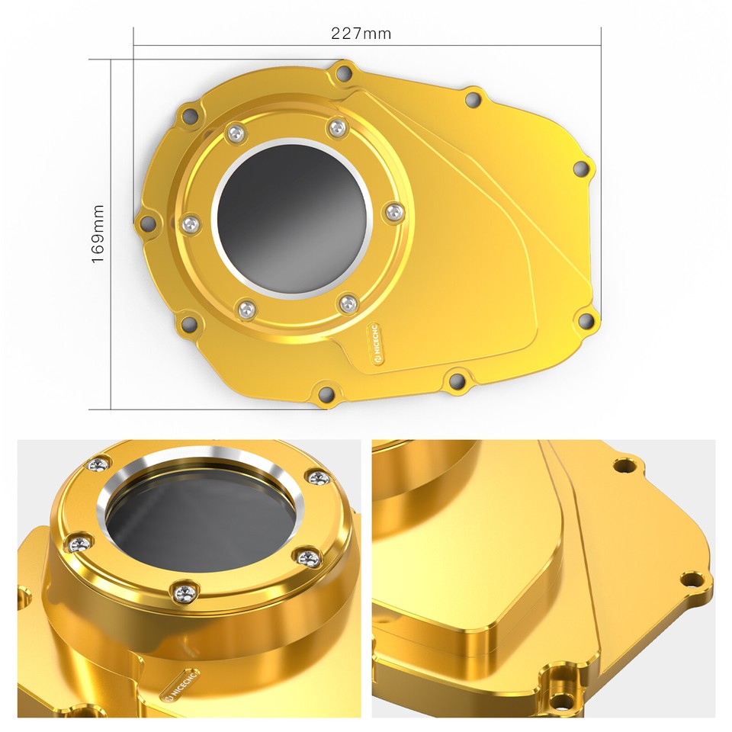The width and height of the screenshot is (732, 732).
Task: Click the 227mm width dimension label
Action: (361, 34)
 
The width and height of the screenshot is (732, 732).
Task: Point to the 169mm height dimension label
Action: (98, 233)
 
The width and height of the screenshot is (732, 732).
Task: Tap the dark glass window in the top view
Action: (292, 219)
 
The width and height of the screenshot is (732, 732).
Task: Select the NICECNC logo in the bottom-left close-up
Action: (181, 684)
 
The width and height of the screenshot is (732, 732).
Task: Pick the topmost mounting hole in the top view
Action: (344, 73)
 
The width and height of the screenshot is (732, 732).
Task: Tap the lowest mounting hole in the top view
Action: (326, 393)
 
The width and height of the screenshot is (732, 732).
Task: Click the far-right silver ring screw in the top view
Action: (396, 213)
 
